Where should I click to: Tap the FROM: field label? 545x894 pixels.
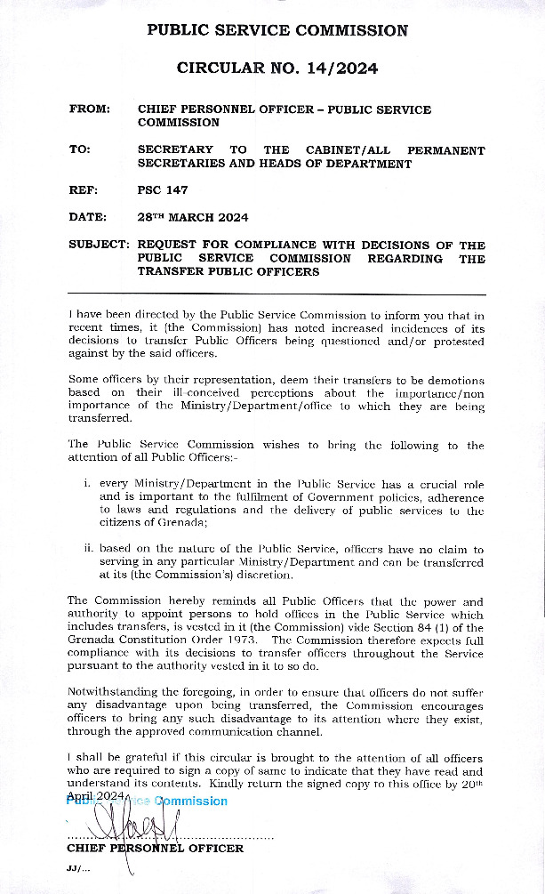click(x=90, y=109)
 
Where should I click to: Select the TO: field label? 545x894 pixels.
click(x=79, y=150)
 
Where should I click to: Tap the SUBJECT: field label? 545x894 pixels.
click(x=100, y=246)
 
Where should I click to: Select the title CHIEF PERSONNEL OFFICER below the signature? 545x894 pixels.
click(x=155, y=849)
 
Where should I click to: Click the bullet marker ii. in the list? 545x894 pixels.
click(x=88, y=550)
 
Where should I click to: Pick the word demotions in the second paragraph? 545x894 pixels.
click(x=453, y=381)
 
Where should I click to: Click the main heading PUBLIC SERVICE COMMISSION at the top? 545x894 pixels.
click(x=277, y=30)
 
